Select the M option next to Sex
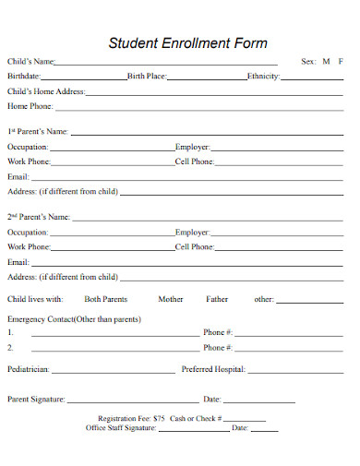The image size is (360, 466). tap(326, 62)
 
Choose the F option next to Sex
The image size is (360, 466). tap(341, 62)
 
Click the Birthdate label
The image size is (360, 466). tap(23, 77)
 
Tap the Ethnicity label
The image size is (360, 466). tap(263, 77)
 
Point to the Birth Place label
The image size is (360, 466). tap(147, 77)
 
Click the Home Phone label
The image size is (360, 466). tap(30, 107)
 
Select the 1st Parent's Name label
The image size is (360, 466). tap(38, 132)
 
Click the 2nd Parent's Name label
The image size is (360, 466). tap(39, 218)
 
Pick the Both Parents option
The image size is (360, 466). tap(106, 299)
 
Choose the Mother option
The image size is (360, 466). tap(171, 299)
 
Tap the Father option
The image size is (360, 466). tap(217, 299)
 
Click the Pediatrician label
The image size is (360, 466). tap(29, 369)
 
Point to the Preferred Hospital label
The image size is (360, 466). tap(213, 369)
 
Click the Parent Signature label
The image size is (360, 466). tap(36, 400)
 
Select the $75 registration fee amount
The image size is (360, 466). tap(160, 419)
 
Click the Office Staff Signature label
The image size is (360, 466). tap(121, 428)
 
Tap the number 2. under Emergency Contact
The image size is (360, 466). tap(11, 348)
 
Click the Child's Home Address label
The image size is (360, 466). tap(46, 92)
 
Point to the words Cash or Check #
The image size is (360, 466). tap(194, 419)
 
